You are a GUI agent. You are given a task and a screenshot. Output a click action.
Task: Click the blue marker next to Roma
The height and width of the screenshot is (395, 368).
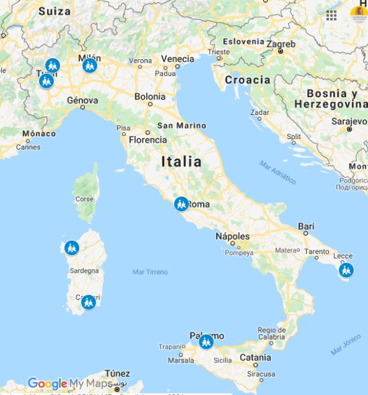pyautogui.click(x=181, y=204)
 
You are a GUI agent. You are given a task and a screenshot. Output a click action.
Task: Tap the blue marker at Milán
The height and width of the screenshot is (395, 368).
pyautogui.click(x=90, y=65)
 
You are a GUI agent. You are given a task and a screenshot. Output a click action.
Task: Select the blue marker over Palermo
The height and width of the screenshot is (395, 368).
pyautogui.click(x=206, y=342)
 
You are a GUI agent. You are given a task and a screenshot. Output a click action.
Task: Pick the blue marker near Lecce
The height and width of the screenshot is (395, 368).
pyautogui.click(x=346, y=271)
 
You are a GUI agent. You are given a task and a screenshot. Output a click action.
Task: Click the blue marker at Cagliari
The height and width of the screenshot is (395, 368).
pyautogui.click(x=88, y=302)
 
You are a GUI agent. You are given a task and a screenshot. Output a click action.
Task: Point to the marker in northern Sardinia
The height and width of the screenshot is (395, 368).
pyautogui.click(x=72, y=248)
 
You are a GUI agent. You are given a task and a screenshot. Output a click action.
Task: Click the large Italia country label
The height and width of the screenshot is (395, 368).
pyautogui.click(x=181, y=161)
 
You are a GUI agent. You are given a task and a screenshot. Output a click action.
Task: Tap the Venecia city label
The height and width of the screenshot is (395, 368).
pyautogui.click(x=177, y=59)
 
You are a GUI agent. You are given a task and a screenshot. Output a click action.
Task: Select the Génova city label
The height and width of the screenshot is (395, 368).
pyautogui.click(x=82, y=100)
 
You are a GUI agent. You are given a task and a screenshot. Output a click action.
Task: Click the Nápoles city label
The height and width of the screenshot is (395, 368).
pyautogui.click(x=232, y=236)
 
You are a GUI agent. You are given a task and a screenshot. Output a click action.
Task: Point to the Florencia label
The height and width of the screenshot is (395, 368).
pyautogui.click(x=148, y=140)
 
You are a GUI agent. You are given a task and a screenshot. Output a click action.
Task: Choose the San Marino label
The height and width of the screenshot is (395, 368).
pyautogui.click(x=182, y=126)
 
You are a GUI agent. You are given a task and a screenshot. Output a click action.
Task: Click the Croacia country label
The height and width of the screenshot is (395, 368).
pyautogui.click(x=247, y=80)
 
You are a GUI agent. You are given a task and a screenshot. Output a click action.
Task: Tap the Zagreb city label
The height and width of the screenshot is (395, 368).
pyautogui.click(x=281, y=44)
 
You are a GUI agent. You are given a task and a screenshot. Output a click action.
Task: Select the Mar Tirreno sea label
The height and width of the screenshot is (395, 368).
pyautogui.click(x=150, y=272)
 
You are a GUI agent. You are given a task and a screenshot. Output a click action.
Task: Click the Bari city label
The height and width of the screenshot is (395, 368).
pyautogui.click(x=306, y=227)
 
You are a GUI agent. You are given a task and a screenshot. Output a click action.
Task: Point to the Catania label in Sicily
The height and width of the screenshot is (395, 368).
pyautogui.click(x=255, y=358)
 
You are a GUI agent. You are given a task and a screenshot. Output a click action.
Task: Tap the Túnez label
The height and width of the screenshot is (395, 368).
pyautogui.click(x=118, y=374)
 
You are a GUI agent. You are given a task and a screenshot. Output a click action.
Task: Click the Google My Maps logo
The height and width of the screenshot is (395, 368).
pyautogui.click(x=65, y=384)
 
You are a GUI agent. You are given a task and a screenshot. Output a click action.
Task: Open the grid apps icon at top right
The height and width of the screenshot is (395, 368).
pyautogui.click(x=332, y=15)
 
